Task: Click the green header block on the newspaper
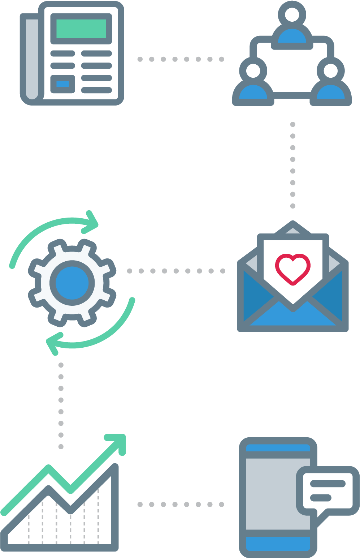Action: point(81,29)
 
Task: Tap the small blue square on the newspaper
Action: point(62,84)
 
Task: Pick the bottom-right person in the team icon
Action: point(330,85)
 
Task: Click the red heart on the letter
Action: point(292,269)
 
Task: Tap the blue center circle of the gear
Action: point(72,283)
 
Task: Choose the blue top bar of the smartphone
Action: point(278,448)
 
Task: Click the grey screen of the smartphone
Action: point(271,495)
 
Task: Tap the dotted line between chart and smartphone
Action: point(181,504)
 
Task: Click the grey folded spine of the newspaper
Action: point(32,58)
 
